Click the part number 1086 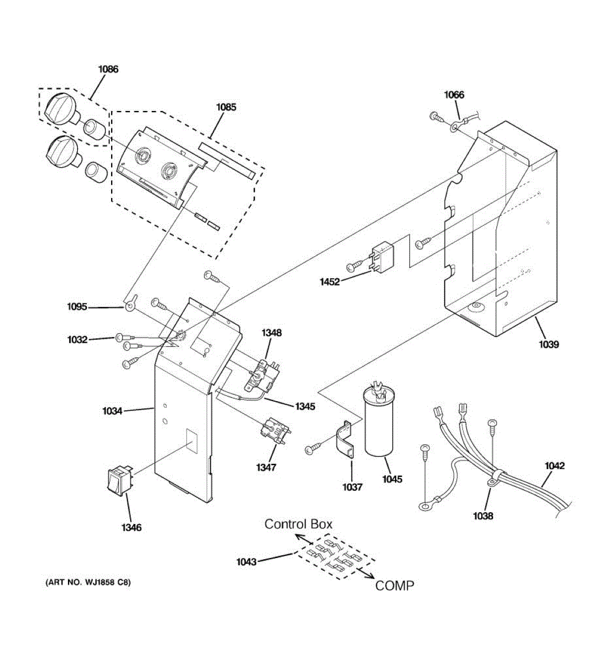[108, 69]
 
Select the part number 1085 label [226, 107]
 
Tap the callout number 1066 [454, 95]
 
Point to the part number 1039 [548, 345]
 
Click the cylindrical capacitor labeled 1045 [381, 423]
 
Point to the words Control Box [298, 524]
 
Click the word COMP [395, 586]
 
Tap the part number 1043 [247, 562]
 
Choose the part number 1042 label [555, 466]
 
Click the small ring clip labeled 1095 [129, 306]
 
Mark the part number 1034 [112, 411]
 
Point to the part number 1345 [305, 407]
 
